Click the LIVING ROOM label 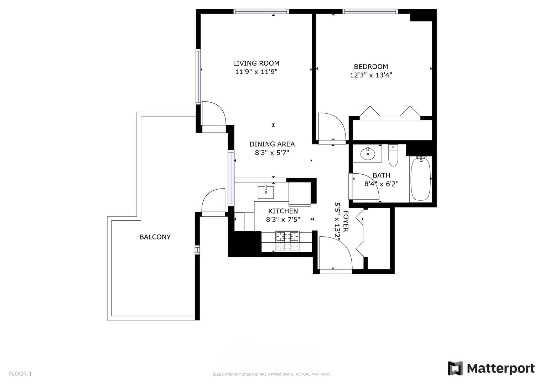(256, 63)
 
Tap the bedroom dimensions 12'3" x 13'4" (371, 75)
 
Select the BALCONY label (155, 237)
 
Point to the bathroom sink (368, 153)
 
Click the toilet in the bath (393, 155)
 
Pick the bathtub (421, 179)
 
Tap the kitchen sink (266, 192)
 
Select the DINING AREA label (272, 144)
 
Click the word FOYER (346, 221)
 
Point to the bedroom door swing (332, 127)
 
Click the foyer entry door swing (336, 253)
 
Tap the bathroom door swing (366, 186)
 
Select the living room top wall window (261, 11)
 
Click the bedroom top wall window (371, 11)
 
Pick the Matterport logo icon (455, 368)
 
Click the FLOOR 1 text (20, 374)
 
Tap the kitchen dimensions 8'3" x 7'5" (283, 220)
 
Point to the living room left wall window (198, 77)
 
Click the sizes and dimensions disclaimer (272, 374)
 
